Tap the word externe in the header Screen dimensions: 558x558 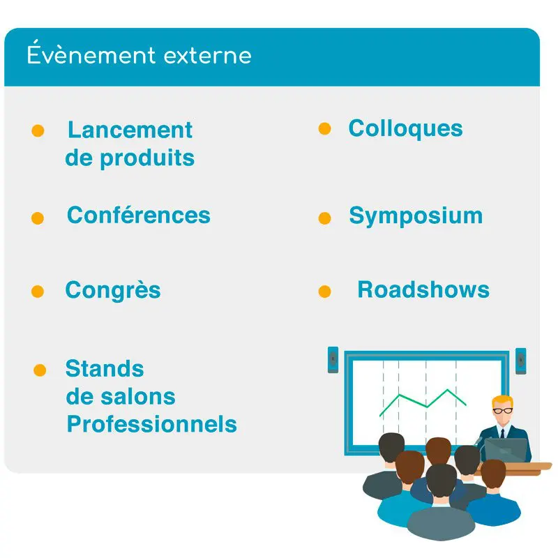point(207,56)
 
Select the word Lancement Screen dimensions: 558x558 point(130,130)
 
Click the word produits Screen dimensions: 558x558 point(147,159)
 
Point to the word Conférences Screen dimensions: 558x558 point(139,215)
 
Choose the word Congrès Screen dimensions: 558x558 point(113,290)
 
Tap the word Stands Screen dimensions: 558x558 point(105,368)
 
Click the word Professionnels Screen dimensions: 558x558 point(152,424)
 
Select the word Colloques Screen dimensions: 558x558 point(406,128)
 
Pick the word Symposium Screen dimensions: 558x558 point(416,216)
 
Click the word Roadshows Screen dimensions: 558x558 point(423,289)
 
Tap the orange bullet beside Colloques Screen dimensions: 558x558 point(324,128)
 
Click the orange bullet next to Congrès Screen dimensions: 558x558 point(38,292)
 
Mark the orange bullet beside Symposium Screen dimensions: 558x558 point(324,218)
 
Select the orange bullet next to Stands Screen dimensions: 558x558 point(40,370)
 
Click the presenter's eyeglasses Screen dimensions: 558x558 point(502,411)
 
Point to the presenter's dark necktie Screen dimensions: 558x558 point(502,433)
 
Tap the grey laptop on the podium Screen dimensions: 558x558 point(506,450)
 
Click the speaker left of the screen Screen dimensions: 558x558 point(333,360)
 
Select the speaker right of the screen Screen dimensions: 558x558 point(521,361)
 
